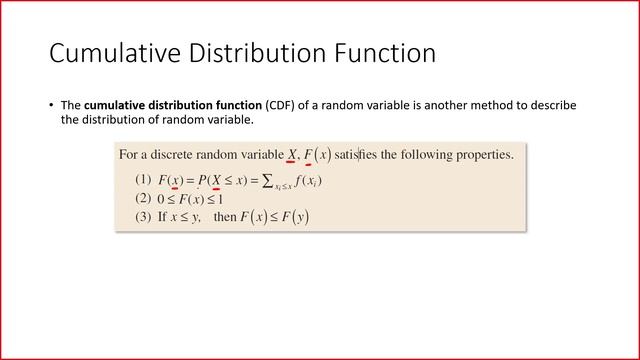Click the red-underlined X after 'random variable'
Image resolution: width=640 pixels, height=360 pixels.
coord(292,155)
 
